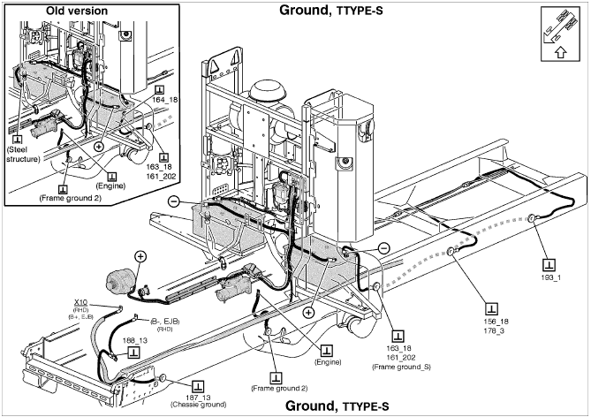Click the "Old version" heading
coord(51,11)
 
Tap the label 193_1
coord(552,278)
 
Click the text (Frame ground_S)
coord(403,366)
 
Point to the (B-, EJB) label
coord(163,321)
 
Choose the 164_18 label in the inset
coord(165,101)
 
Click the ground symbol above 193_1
coord(549,264)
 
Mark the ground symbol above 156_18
coord(491,308)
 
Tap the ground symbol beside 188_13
coord(133,351)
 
